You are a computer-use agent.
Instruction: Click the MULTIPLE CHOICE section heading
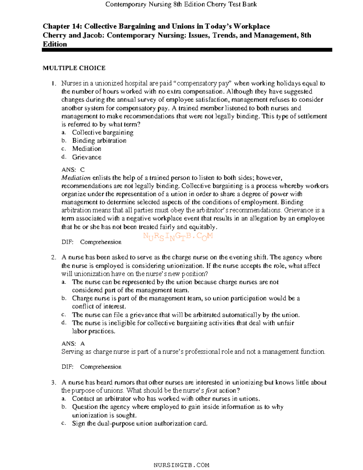pos(74,68)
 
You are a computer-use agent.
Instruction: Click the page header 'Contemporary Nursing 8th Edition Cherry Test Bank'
pos(181,4)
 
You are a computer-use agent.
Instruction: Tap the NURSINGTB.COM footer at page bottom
pos(181,465)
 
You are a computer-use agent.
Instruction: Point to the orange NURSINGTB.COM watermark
pos(178,236)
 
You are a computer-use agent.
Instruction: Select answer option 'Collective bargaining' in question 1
pos(103,133)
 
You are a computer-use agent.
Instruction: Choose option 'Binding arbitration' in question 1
pos(99,141)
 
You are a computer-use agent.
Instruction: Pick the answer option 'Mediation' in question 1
pos(87,149)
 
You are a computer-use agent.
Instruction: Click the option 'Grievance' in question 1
pos(87,157)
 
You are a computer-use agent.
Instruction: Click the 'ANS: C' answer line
pos(73,170)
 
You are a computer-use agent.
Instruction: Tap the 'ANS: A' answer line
pos(73,344)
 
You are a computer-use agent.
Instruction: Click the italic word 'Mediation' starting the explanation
pos(76,178)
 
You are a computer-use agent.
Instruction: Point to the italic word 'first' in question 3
pos(211,391)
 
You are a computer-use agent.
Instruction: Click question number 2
pos(54,258)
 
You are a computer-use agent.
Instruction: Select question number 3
pos(54,383)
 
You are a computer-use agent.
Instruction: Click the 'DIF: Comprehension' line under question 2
pos(91,367)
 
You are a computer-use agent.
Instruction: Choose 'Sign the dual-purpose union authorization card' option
pos(140,424)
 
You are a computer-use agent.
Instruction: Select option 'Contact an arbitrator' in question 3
pos(166,399)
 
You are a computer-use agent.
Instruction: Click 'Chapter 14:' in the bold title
pos(62,26)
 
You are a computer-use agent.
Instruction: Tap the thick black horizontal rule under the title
pos(187,50)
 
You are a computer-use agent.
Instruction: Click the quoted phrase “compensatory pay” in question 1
pos(203,84)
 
